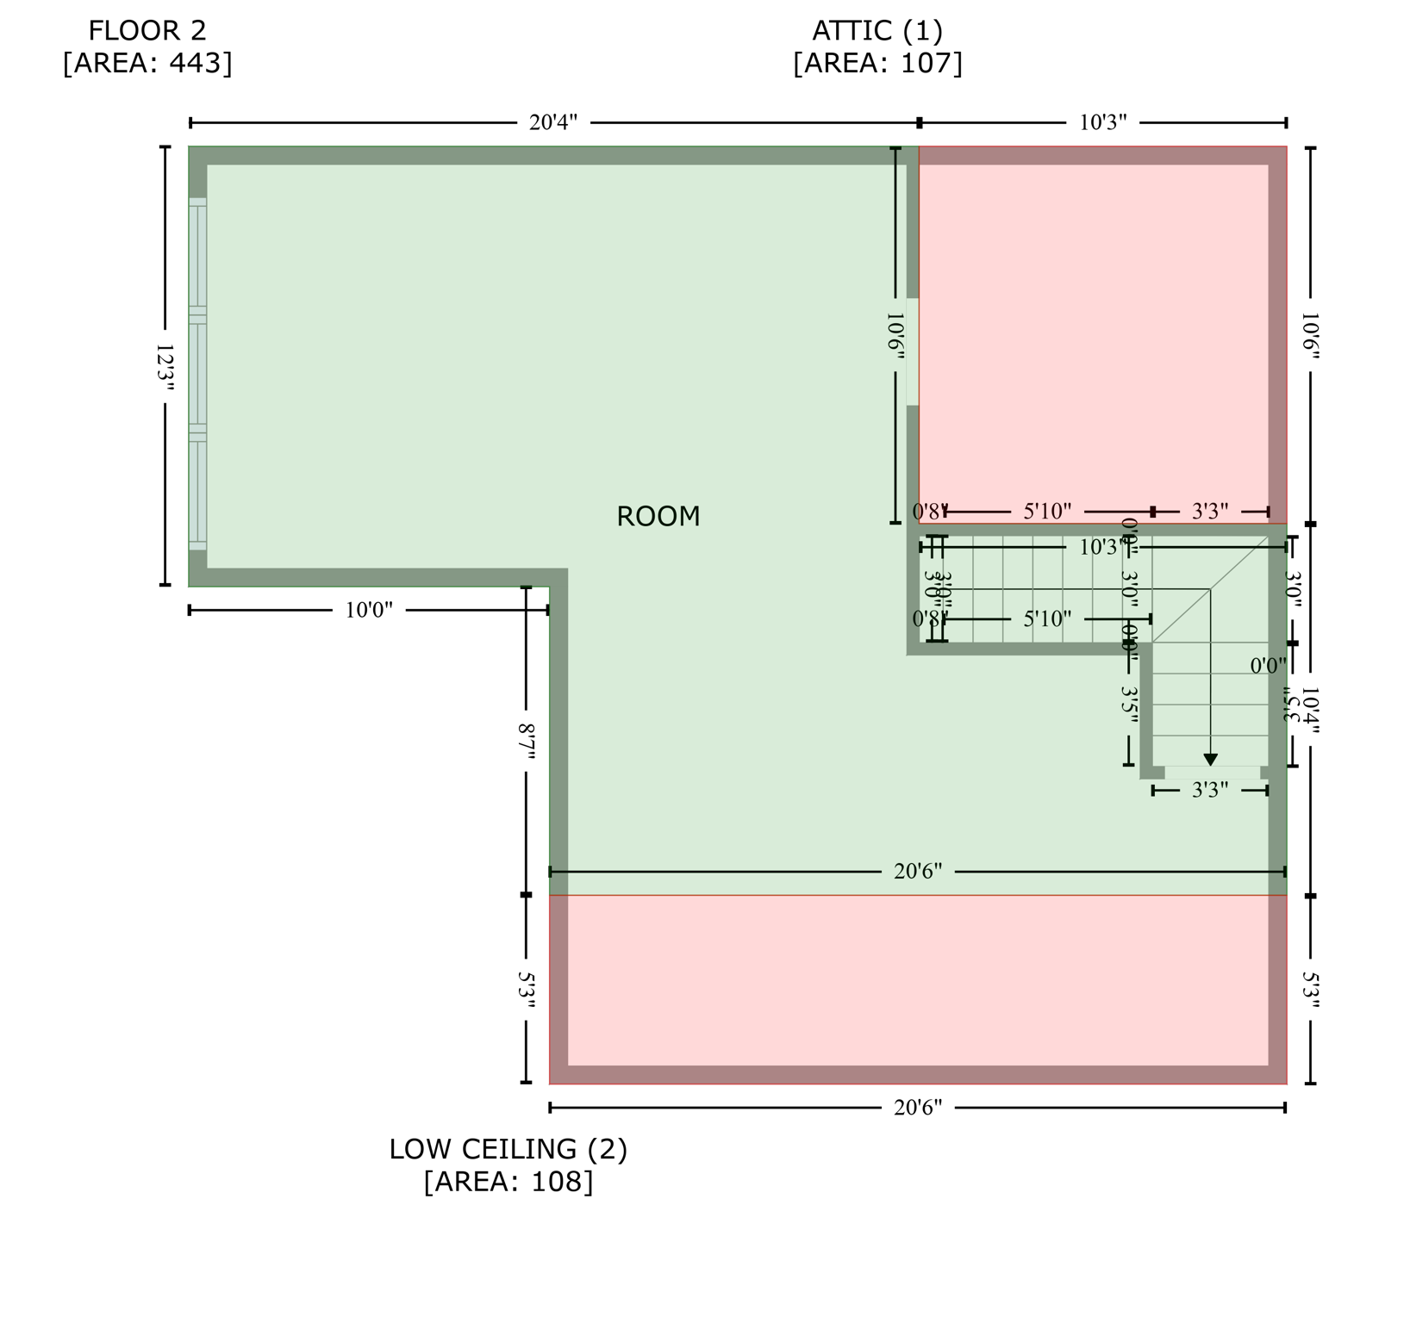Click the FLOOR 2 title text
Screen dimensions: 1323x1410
tap(147, 31)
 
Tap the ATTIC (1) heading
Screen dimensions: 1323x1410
tap(877, 31)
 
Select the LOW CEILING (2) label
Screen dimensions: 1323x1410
tap(508, 1149)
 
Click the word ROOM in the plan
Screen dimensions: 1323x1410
tap(658, 517)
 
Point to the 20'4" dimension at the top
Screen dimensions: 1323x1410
tap(553, 122)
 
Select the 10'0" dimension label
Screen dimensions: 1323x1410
tap(369, 611)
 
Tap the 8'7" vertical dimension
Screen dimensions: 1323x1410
tap(527, 742)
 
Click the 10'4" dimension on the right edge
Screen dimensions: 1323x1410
tap(1310, 710)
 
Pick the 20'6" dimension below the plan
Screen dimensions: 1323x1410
tap(918, 1108)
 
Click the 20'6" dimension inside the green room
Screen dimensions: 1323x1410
tap(918, 872)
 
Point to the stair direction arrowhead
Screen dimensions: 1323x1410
tap(1210, 760)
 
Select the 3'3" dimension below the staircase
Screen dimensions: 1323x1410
tap(1210, 791)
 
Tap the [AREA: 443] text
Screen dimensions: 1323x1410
tap(147, 64)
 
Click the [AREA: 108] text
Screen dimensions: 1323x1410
tap(508, 1182)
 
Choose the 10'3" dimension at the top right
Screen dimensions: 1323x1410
tap(1103, 122)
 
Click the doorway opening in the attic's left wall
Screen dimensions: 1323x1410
tap(913, 351)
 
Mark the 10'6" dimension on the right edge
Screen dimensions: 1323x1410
tap(1310, 336)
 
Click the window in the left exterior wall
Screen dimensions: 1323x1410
tap(197, 374)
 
